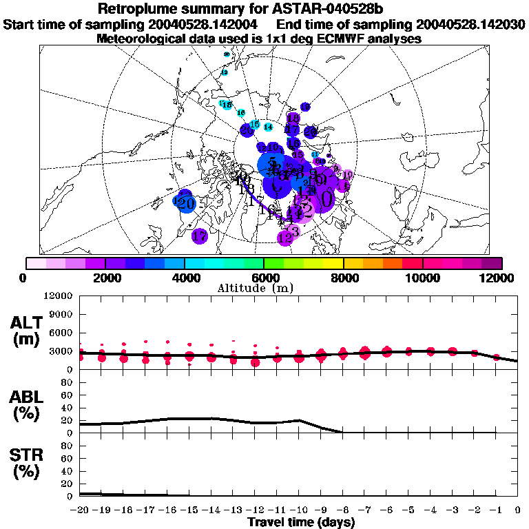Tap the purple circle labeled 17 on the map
click(x=200, y=236)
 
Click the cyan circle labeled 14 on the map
click(x=269, y=127)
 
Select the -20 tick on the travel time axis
click(x=80, y=510)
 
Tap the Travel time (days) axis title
click(x=301, y=523)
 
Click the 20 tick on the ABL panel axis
click(x=68, y=420)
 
